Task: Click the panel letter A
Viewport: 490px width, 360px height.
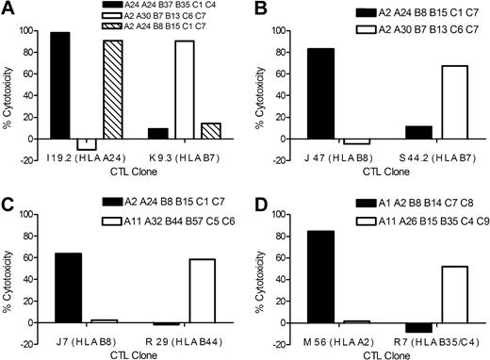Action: point(8,8)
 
